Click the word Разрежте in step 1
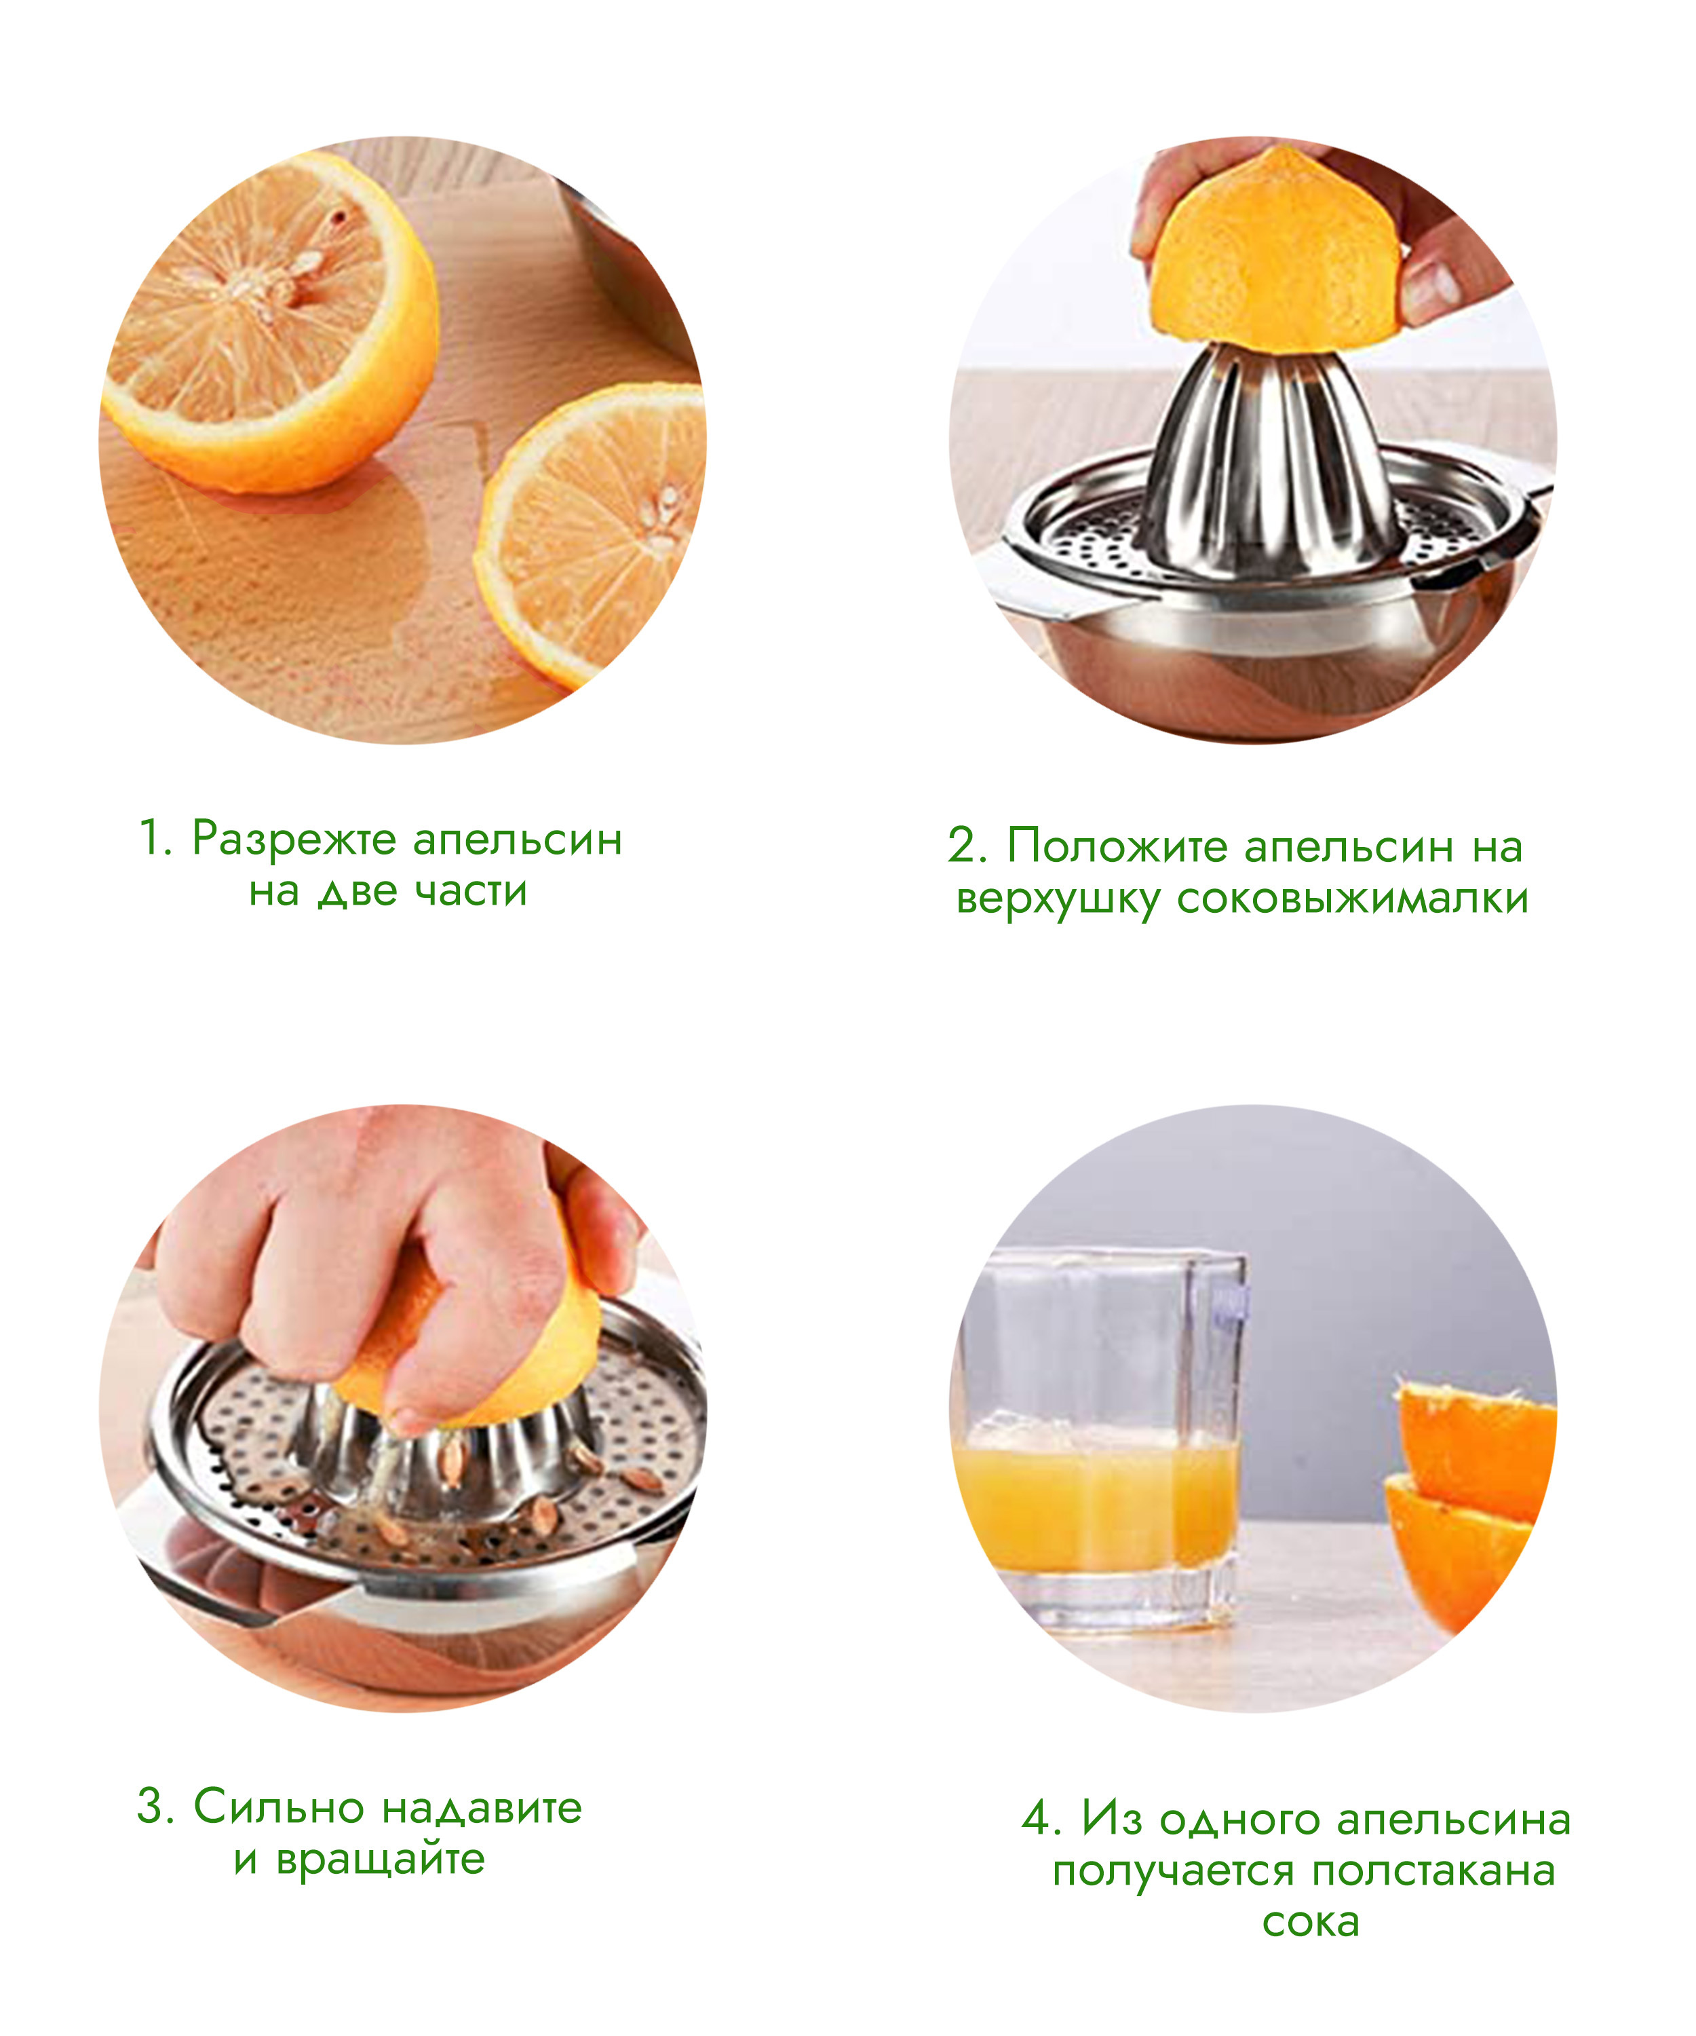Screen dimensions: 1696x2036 click(x=294, y=840)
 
